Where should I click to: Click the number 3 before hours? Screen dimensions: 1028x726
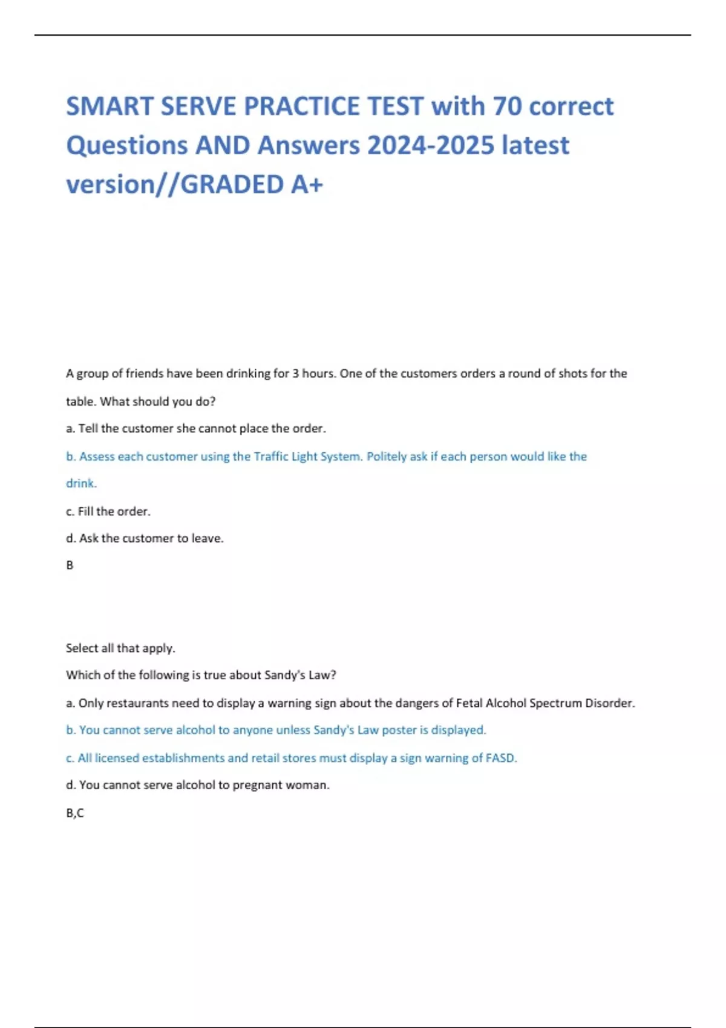tap(295, 374)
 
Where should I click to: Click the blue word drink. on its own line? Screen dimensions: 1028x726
tap(81, 484)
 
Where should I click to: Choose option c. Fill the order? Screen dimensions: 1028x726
tap(108, 512)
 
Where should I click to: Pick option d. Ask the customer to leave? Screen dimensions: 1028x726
tap(145, 538)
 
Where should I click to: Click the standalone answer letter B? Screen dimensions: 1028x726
tap(70, 565)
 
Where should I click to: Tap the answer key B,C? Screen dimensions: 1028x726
tap(75, 813)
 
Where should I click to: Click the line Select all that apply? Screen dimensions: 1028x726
tap(120, 648)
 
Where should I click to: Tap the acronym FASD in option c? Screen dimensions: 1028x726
tap(501, 758)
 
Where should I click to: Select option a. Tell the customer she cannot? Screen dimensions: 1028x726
tap(196, 429)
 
